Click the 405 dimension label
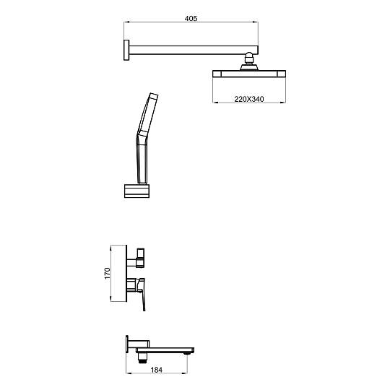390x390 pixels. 191,18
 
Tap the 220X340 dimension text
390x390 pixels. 249,99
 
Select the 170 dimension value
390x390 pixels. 107,273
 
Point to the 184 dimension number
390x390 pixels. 157,370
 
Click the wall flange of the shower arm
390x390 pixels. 126,50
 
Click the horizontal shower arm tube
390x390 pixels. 194,50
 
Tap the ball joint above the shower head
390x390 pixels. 248,58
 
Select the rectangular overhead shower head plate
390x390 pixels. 249,74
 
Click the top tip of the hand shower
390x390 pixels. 154,95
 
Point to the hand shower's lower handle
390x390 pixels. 142,159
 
